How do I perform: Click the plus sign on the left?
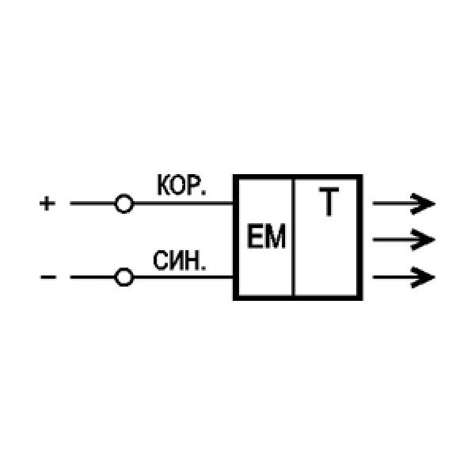click(x=47, y=204)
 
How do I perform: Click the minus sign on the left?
click(x=47, y=277)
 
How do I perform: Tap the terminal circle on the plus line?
click(x=123, y=204)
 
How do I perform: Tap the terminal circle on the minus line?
click(x=123, y=277)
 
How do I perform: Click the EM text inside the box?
click(x=264, y=237)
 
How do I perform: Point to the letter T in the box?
click(x=327, y=204)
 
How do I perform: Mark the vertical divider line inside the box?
click(x=294, y=237)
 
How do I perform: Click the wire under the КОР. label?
click(x=182, y=204)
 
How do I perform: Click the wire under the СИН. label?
click(x=182, y=277)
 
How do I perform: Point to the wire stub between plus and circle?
click(x=92, y=204)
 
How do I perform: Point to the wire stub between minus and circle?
click(x=92, y=277)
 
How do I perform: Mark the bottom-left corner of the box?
click(x=234, y=298)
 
